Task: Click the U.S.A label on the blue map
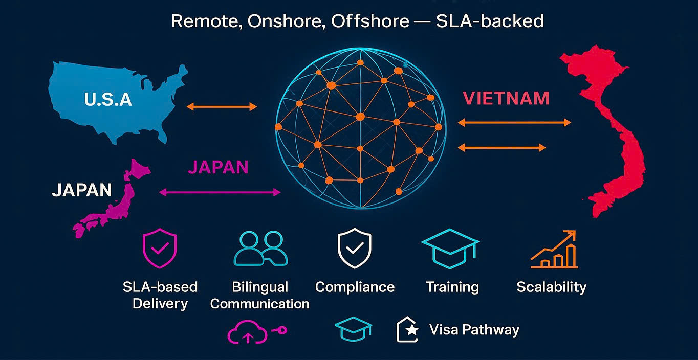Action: tap(108, 99)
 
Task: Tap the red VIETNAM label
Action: tap(506, 98)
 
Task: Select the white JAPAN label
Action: tap(82, 190)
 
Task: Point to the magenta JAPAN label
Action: tap(218, 167)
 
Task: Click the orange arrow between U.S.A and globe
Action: tap(222, 106)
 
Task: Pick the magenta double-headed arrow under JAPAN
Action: tap(220, 192)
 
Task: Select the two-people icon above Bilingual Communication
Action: tap(260, 249)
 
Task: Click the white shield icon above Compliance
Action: tap(354, 249)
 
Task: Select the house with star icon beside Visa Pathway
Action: tap(408, 330)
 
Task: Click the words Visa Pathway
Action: tap(474, 330)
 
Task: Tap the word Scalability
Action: tap(551, 287)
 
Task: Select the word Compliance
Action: tap(355, 287)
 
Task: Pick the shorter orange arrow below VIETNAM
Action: tap(501, 148)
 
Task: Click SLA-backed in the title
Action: tap(490, 21)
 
